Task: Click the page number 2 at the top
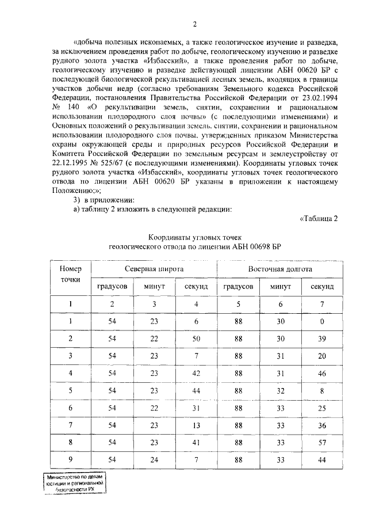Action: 195,24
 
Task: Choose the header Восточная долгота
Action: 280,269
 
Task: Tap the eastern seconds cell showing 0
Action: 322,321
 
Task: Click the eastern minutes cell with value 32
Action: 280,390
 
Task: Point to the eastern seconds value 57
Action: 322,442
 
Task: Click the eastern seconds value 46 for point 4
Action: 322,373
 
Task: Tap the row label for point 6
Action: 71,408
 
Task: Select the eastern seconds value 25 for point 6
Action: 322,408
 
